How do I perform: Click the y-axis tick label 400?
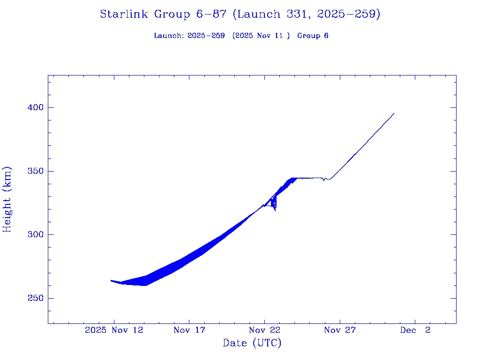(x=36, y=108)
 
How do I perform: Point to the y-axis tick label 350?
(x=36, y=171)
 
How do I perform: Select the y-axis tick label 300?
(x=36, y=235)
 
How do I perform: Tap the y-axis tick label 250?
(x=36, y=298)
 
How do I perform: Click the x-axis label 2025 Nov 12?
(x=114, y=330)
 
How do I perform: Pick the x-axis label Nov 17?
(x=189, y=330)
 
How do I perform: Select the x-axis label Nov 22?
(x=264, y=330)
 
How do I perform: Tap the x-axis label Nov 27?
(x=340, y=330)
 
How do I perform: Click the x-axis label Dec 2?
(x=415, y=330)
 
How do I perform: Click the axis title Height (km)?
(x=7, y=199)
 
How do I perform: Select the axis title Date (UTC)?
(x=252, y=343)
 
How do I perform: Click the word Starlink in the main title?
(x=124, y=14)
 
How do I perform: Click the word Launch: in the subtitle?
(x=169, y=36)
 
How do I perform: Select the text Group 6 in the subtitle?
(x=313, y=36)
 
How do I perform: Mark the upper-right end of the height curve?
(x=394, y=113)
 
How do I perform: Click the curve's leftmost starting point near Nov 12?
(x=111, y=280)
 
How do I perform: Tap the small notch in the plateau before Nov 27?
(x=323, y=180)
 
